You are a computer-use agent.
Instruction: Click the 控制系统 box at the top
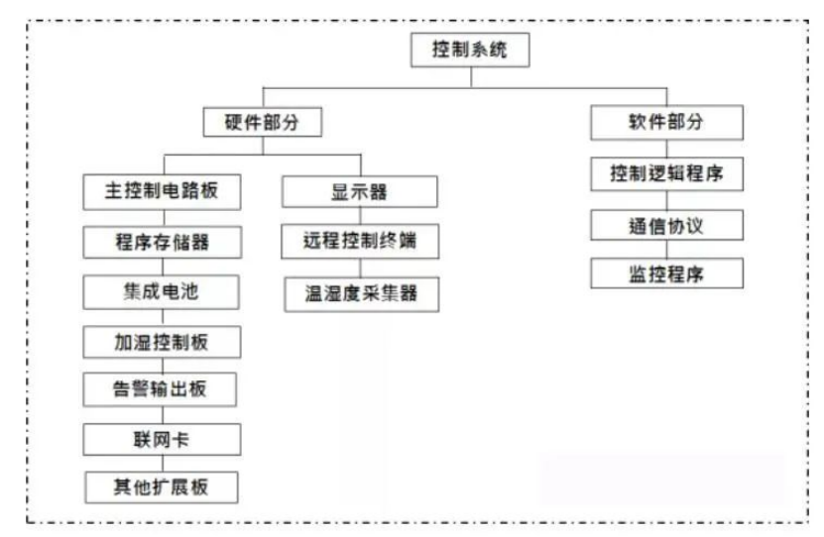(470, 50)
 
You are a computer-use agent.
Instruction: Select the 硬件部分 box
(262, 122)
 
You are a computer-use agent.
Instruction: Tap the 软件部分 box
(666, 122)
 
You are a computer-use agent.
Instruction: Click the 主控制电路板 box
(162, 192)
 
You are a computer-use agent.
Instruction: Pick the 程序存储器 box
(162, 242)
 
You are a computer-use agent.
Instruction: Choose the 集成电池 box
(162, 292)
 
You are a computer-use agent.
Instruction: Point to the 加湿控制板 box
(162, 342)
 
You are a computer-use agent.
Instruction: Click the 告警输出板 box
(160, 389)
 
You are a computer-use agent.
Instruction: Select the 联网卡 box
(162, 439)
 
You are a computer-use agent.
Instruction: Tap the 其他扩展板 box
(162, 487)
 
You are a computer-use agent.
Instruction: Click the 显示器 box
(360, 192)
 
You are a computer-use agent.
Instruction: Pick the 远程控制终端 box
(360, 242)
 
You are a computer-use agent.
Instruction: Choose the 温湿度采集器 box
(362, 294)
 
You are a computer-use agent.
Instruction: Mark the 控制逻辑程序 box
(666, 173)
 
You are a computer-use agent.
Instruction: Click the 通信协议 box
(666, 225)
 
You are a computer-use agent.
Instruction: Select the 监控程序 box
(666, 273)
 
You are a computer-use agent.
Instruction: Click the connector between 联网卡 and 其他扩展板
(163, 464)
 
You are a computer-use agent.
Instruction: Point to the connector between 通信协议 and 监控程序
(666, 250)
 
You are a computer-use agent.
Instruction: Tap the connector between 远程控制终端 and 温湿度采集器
(361, 268)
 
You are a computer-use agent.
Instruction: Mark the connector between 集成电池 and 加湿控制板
(163, 318)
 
